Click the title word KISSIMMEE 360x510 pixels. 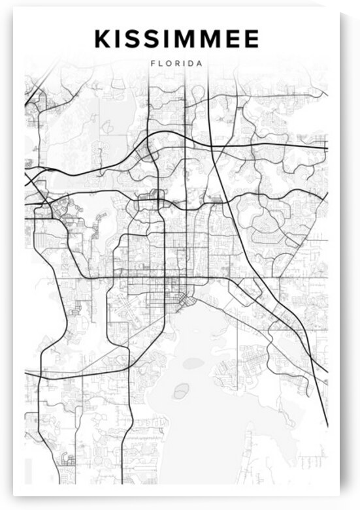click(176, 39)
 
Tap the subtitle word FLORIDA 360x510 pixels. click(176, 63)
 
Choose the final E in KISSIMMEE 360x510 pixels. click(252, 39)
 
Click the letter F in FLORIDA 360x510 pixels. click(152, 63)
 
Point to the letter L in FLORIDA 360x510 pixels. click(160, 63)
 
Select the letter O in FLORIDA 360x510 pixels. click(169, 63)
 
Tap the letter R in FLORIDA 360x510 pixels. click(178, 63)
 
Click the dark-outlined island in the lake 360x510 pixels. click(181, 390)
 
